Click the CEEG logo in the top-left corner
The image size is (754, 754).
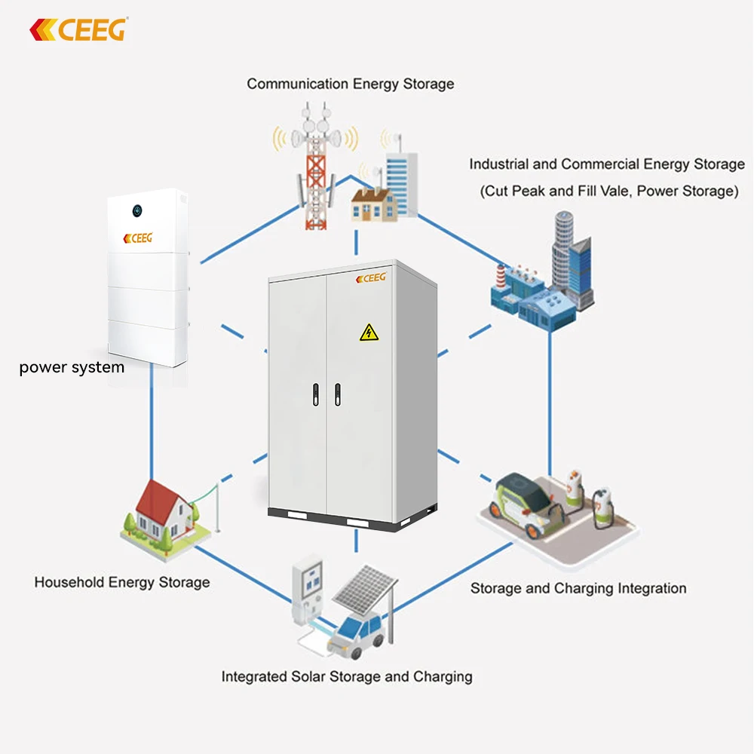tap(78, 29)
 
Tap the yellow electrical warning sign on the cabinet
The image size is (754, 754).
tap(368, 331)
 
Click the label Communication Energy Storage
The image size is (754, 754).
tap(351, 84)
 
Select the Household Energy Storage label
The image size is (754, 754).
tap(122, 582)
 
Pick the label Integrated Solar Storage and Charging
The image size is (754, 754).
tap(347, 676)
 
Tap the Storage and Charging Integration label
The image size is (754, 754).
tap(578, 588)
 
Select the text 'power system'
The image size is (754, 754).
tap(72, 368)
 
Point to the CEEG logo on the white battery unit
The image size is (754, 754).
tap(137, 238)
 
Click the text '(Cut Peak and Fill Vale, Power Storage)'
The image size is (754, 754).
tap(608, 191)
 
